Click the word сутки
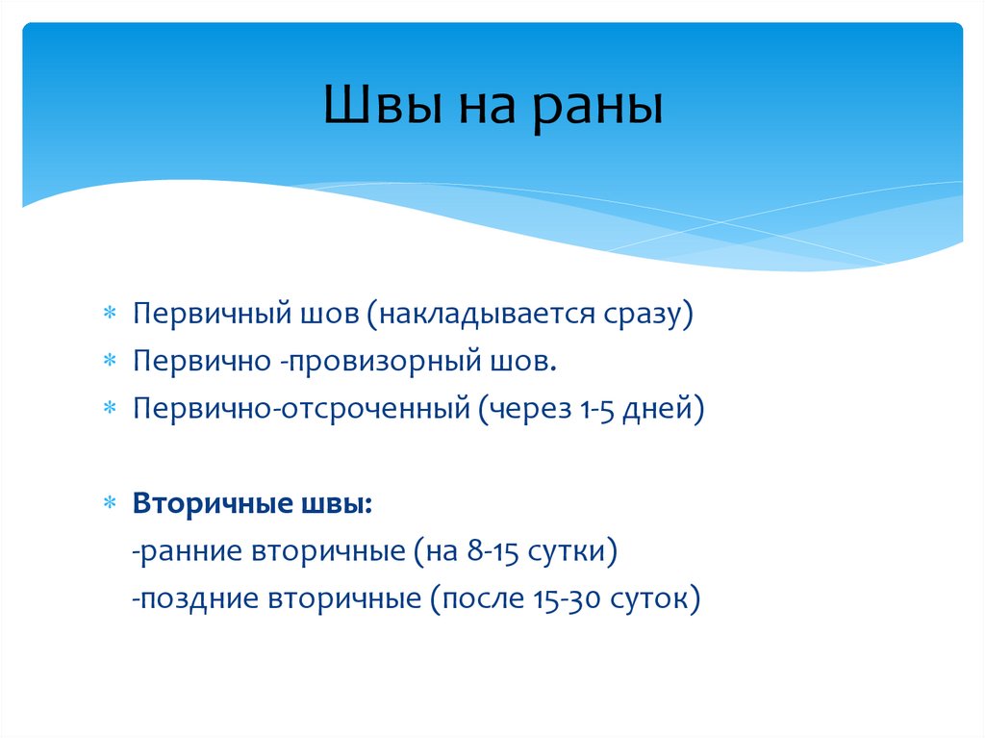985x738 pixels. coord(574,552)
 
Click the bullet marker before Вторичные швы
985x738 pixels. coord(110,504)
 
